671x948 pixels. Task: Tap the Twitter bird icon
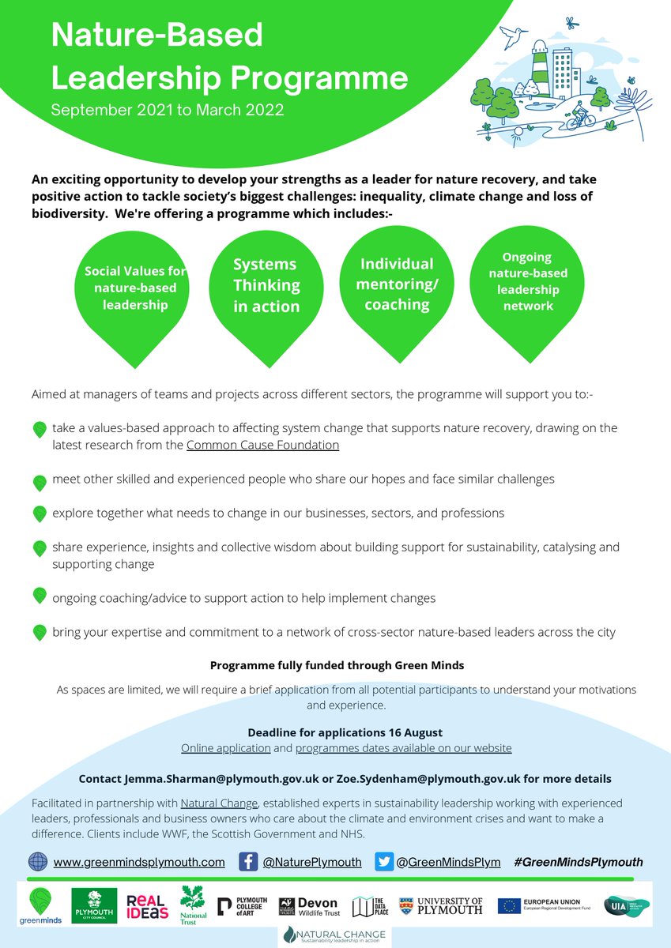(385, 862)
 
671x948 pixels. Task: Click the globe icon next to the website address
(38, 862)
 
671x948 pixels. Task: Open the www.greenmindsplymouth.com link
(139, 862)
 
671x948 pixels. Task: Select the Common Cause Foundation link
(262, 445)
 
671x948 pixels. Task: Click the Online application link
(226, 747)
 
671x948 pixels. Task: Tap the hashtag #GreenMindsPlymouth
(578, 862)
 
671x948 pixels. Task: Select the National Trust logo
(192, 905)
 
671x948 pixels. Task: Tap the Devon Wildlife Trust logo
(308, 907)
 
